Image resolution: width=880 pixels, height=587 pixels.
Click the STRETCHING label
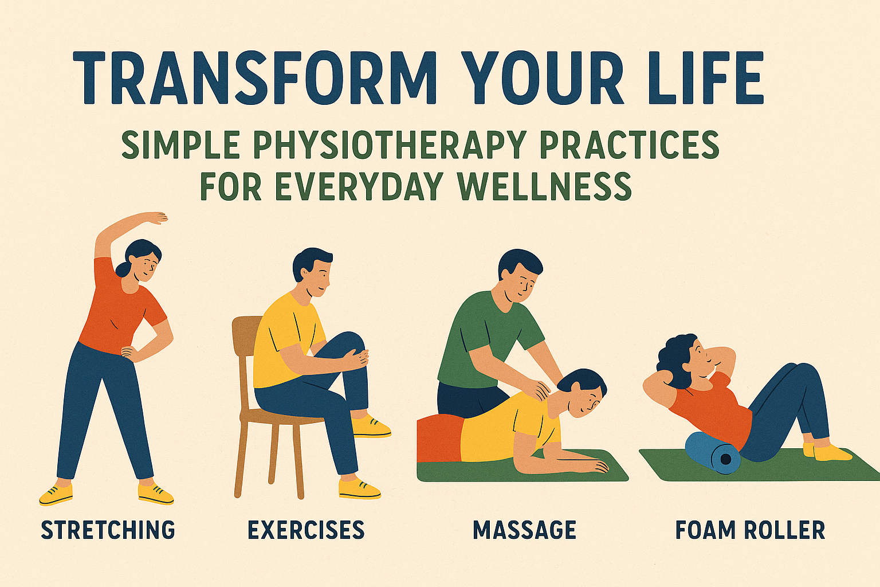click(108, 530)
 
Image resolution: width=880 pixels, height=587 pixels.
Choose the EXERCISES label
click(306, 530)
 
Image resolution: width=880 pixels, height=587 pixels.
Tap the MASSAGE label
click(524, 530)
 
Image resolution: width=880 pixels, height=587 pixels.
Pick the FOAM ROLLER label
click(750, 530)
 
